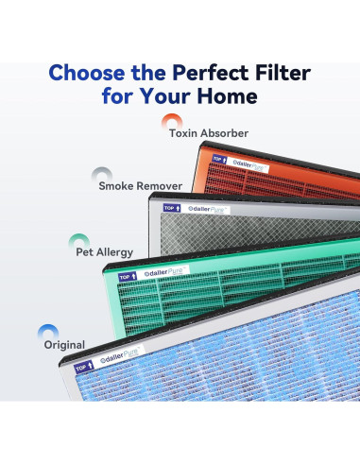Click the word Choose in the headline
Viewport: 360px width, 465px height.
88,73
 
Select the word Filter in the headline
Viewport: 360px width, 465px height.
283,73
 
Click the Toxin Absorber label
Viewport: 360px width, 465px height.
209,133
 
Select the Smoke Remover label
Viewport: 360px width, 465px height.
141,186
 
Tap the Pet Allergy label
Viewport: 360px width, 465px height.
105,252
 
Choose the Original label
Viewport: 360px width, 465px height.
64,345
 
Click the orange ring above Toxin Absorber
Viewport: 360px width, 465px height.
172,117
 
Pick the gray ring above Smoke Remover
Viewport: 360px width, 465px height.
102,170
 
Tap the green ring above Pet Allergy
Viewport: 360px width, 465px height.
79,236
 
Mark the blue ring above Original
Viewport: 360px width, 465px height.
48,328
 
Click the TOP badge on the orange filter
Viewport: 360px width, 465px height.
219,159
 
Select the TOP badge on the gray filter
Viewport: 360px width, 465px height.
172,208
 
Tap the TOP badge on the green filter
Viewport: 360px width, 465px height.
128,277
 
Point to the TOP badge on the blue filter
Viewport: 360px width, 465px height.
84,367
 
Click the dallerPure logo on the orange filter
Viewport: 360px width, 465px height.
249,164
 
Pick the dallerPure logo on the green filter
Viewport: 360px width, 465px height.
164,272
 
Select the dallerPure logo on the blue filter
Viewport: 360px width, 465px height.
120,356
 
